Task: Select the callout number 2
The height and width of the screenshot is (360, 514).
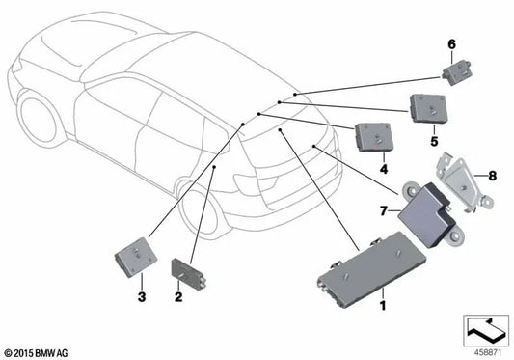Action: click(x=178, y=296)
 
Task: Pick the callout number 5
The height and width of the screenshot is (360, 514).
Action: click(x=434, y=137)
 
